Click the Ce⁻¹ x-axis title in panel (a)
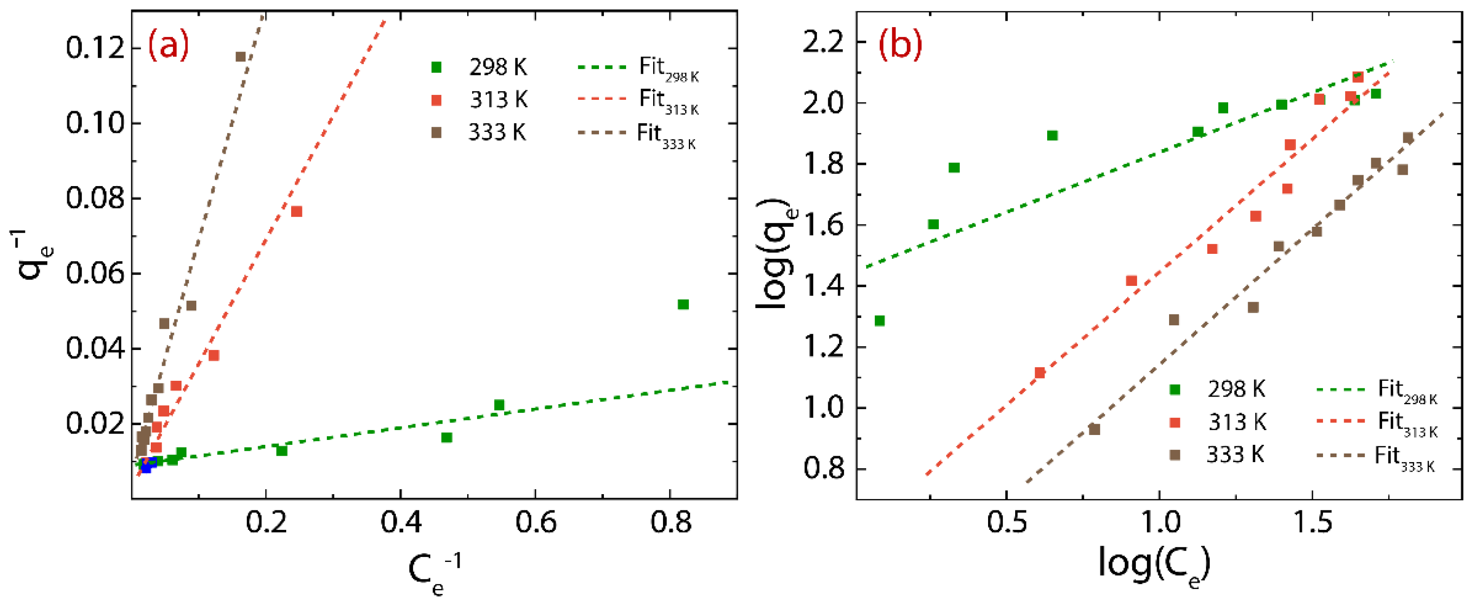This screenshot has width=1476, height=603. pyautogui.click(x=434, y=572)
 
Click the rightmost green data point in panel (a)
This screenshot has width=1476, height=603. pyautogui.click(x=683, y=304)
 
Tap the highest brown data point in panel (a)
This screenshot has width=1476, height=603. pyautogui.click(x=241, y=57)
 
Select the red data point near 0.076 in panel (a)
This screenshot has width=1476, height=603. pyautogui.click(x=296, y=211)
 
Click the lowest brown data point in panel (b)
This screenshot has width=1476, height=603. pyautogui.click(x=1095, y=429)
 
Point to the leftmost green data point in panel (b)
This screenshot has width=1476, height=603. pyautogui.click(x=880, y=320)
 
